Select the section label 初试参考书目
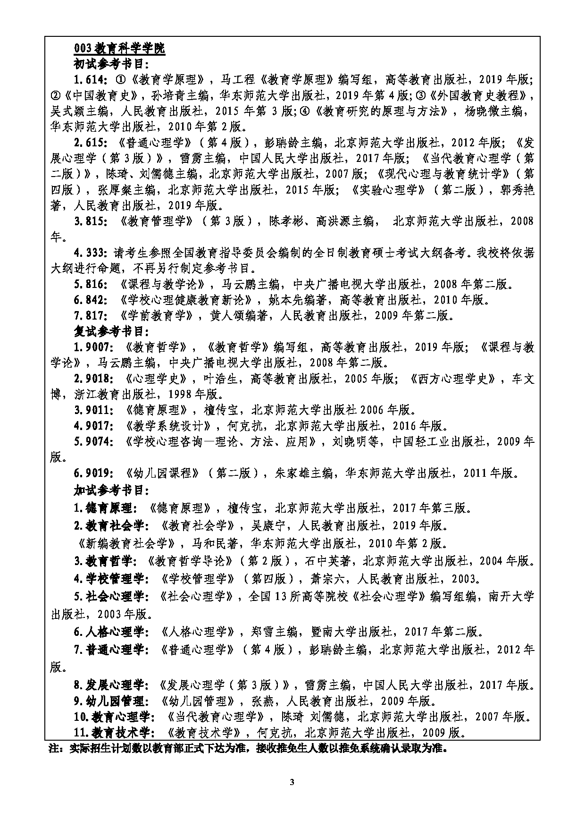[111, 64]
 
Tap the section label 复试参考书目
[111, 331]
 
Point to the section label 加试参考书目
[111, 490]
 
